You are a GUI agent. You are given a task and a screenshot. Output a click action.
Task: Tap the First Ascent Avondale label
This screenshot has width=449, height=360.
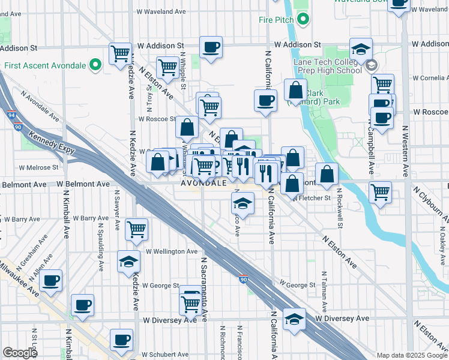pos(44,65)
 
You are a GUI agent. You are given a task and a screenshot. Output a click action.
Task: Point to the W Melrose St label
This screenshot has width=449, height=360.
pos(38,168)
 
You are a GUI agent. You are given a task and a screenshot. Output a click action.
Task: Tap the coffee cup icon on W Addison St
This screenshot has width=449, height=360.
pos(211,47)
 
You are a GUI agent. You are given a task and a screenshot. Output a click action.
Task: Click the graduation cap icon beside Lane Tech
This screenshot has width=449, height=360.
pos(361,49)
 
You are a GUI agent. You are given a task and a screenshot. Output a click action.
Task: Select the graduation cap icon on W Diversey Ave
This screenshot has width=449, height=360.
pos(294,319)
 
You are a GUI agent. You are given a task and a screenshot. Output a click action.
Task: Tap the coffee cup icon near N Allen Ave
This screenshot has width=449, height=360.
pos(50,280)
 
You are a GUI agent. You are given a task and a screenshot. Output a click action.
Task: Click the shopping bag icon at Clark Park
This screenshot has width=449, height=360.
pos(295,91)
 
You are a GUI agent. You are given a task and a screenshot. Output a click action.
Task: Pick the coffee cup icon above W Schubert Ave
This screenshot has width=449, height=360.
pos(121,340)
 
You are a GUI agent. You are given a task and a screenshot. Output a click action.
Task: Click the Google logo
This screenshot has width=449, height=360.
pos(20,353)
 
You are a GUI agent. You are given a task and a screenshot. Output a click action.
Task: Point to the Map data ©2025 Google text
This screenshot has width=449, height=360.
pos(412,355)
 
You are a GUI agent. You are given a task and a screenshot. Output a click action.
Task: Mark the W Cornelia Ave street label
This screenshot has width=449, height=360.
pos(430,78)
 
